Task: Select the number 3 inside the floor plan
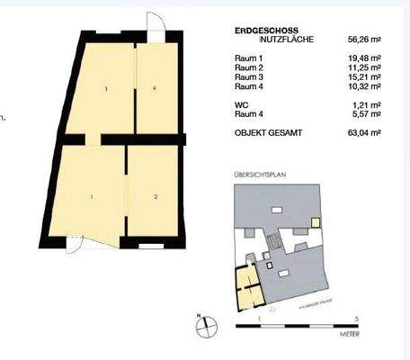coord(106,88)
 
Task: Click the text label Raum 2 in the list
coord(248,68)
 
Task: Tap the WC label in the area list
coord(240,104)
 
